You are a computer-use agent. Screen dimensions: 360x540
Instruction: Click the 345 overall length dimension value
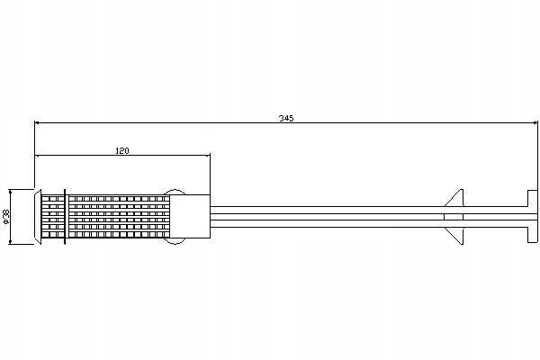(x=286, y=118)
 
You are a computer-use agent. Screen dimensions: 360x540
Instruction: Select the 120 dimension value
(x=121, y=150)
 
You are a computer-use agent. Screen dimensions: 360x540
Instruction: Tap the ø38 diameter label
(x=6, y=217)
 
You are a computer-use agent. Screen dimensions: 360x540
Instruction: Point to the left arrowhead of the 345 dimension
(x=39, y=124)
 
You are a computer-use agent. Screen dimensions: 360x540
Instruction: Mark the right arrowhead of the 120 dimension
(x=206, y=157)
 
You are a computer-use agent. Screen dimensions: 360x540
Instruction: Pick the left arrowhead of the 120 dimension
(x=39, y=157)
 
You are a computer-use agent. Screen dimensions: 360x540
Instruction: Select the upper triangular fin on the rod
(x=456, y=199)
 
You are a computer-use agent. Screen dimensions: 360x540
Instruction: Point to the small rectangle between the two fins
(x=455, y=217)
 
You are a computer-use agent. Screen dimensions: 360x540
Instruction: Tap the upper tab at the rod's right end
(x=528, y=198)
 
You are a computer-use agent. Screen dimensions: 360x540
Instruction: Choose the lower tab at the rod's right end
(x=528, y=235)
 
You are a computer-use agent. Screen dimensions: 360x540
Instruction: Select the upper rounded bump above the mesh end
(x=176, y=193)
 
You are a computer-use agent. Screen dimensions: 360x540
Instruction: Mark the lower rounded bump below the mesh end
(x=176, y=241)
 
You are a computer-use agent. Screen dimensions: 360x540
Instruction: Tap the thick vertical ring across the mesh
(x=66, y=217)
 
